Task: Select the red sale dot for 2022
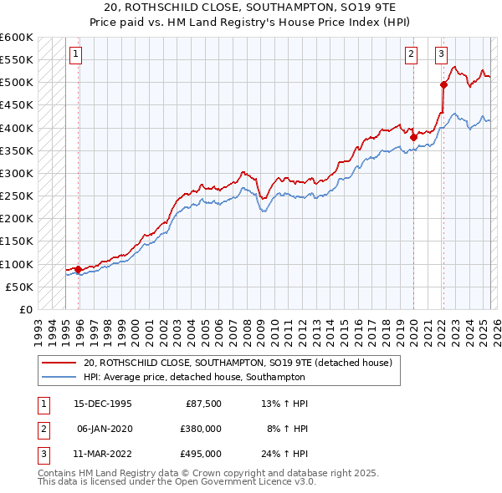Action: pyautogui.click(x=443, y=84)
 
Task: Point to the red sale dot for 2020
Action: pyautogui.click(x=413, y=137)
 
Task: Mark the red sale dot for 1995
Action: pyautogui.click(x=78, y=269)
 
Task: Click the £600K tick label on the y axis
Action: pyautogui.click(x=17, y=38)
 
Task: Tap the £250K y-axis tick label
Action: pyautogui.click(x=17, y=196)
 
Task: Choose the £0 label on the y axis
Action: pyautogui.click(x=25, y=309)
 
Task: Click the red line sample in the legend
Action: pyautogui.click(x=60, y=363)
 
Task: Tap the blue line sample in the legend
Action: pyautogui.click(x=60, y=377)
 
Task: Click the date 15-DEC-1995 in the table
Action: pyautogui.click(x=102, y=404)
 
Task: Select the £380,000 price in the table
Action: pyautogui.click(x=202, y=429)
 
